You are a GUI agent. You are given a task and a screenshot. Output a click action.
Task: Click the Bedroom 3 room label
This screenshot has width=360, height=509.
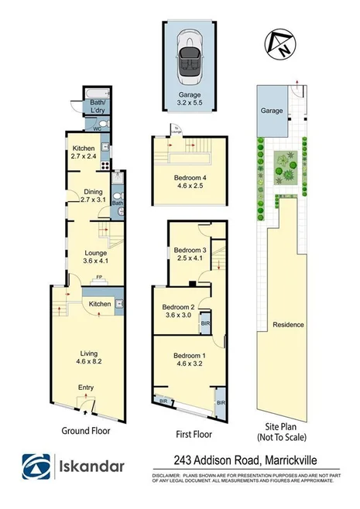(x=190, y=250)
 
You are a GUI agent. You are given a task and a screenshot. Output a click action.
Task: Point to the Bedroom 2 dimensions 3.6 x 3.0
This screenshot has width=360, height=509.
(x=180, y=315)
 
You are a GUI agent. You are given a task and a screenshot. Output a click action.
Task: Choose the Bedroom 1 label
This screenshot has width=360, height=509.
(x=190, y=356)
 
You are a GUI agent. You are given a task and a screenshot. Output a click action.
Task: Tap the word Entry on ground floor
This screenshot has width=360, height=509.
(x=86, y=388)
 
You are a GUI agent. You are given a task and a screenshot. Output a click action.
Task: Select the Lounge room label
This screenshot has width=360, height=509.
(x=96, y=252)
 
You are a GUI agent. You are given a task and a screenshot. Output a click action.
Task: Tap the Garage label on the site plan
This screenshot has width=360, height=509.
(x=272, y=111)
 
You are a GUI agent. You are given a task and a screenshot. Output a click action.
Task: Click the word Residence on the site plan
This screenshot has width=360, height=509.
(x=288, y=325)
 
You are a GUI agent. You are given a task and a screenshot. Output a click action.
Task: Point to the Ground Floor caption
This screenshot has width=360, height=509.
(x=85, y=431)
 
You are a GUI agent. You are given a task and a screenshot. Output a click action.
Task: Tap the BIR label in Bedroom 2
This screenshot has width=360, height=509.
(x=204, y=323)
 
